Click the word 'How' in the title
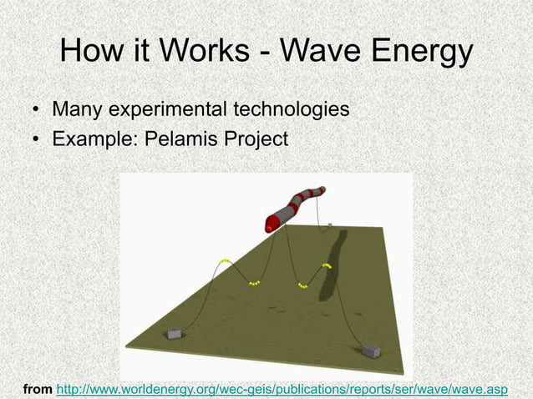pyautogui.click(x=91, y=53)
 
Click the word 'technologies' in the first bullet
pyautogui.click(x=289, y=109)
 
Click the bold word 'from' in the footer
pyautogui.click(x=37, y=389)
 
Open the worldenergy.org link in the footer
pyautogui.click(x=282, y=389)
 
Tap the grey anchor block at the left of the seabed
pyautogui.click(x=175, y=333)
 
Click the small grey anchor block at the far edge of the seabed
pyautogui.click(x=331, y=225)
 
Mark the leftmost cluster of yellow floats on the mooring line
pyautogui.click(x=225, y=261)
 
